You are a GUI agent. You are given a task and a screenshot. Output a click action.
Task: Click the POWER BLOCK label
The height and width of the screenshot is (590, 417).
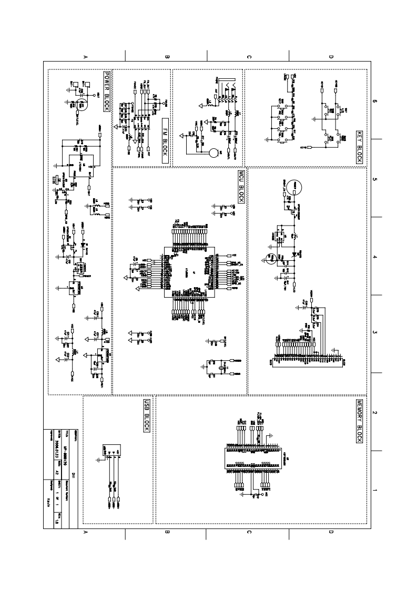pos(106,91)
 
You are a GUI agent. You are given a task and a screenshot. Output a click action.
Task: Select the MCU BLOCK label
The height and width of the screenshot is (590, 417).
pos(241,187)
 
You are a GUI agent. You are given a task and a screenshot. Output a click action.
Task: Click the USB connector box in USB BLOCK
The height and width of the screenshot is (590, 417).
pos(108,450)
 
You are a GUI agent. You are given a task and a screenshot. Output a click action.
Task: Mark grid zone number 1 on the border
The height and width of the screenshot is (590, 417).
pos(374,491)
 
